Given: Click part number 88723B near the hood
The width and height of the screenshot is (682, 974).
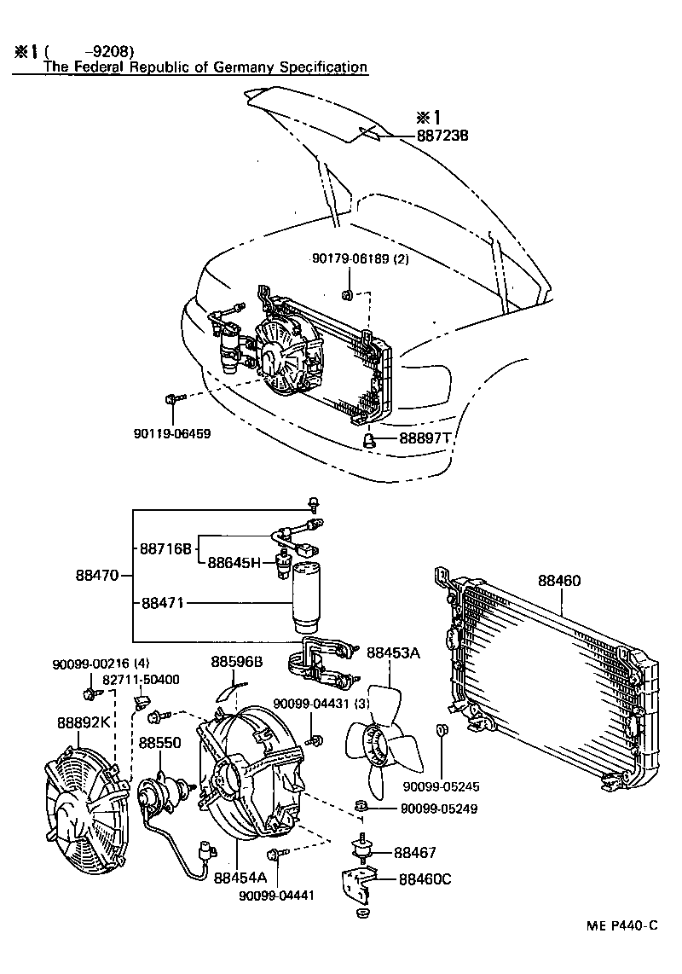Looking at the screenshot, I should coord(443,136).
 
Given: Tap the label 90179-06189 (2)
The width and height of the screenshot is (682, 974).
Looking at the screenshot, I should coord(359,259).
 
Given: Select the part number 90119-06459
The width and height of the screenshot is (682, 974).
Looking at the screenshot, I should coord(171,433).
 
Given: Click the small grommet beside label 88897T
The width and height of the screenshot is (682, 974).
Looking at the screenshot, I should coord(371,439).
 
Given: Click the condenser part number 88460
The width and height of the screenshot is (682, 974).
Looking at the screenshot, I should coord(559,581).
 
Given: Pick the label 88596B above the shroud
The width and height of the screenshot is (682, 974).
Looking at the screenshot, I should coord(236,661).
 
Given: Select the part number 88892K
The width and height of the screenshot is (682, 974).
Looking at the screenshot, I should coord(84,722).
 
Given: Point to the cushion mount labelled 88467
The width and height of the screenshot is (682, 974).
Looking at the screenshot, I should coord(366,850).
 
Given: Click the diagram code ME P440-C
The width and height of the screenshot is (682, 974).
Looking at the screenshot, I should coord(621,926).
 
